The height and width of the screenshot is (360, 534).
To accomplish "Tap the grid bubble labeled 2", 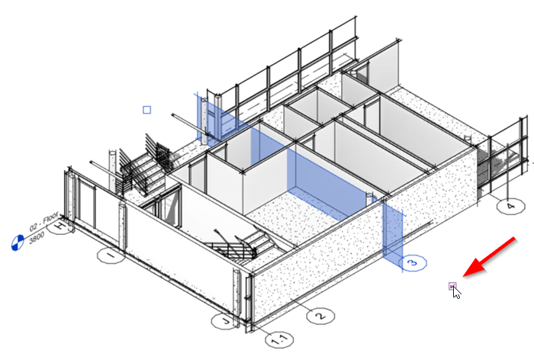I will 320,313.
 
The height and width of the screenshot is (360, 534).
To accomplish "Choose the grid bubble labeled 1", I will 111,256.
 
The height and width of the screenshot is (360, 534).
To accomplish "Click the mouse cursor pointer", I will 456,292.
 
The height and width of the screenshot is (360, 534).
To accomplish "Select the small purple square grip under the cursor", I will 452,287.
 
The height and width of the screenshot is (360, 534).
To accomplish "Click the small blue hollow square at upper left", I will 147,110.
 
